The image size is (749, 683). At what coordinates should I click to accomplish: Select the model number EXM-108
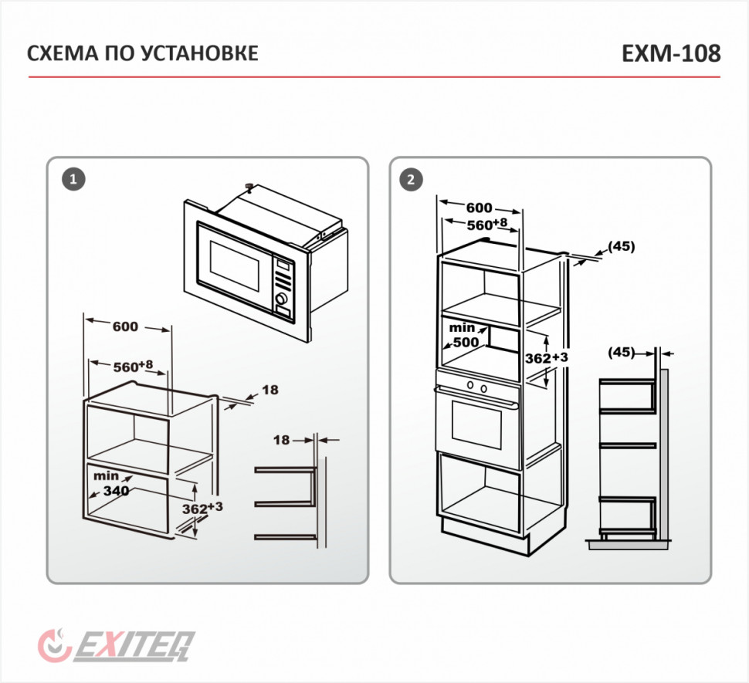click(670, 53)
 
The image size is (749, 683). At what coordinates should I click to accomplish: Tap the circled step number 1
click(72, 180)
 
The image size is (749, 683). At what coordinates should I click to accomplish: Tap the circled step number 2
click(410, 180)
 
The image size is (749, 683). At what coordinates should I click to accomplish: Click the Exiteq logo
click(116, 644)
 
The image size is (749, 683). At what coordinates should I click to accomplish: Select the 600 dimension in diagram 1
click(125, 326)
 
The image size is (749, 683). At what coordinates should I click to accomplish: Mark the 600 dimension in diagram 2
click(480, 208)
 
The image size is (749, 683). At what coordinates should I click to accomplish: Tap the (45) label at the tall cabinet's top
click(621, 247)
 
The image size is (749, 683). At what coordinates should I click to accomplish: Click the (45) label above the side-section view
click(621, 352)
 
